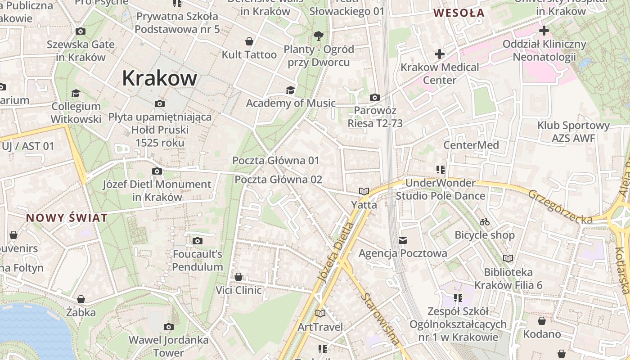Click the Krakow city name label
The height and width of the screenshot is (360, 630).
159,78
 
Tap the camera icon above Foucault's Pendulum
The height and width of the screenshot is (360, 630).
197,241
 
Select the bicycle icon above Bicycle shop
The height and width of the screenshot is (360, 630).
485,222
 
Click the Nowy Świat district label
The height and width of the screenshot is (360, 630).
67,218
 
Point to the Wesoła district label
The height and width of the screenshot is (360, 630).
459,13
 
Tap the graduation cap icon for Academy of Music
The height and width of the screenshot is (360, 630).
290,90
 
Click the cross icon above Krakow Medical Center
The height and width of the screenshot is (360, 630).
440,54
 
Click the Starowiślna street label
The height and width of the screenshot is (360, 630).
381,319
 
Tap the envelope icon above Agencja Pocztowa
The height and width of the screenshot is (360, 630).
402,240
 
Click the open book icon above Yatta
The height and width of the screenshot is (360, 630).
364,192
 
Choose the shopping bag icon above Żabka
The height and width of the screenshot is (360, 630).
81,299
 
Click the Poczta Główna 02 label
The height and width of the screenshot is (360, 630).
279,180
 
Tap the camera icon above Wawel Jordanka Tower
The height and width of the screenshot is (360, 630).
169,327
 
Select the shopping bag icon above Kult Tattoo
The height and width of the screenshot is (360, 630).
249,42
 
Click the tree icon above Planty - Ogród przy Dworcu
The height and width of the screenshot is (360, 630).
319,36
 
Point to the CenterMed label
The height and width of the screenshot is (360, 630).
471,145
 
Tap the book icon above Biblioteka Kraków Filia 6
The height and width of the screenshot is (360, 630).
508,259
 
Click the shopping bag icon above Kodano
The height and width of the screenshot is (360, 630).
542,321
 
